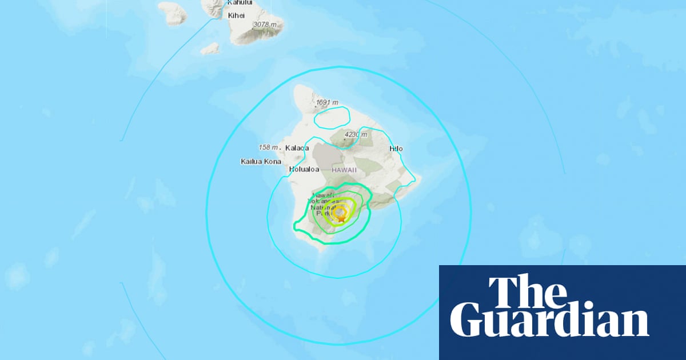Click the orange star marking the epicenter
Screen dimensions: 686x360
click(x=341, y=218)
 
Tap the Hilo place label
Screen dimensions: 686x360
click(x=396, y=149)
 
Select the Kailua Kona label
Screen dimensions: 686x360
click(x=261, y=162)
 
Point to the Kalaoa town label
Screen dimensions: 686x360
click(x=297, y=148)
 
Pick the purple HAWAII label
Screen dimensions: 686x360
click(x=345, y=170)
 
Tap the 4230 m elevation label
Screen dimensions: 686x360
click(x=358, y=135)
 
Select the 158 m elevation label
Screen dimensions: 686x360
click(x=269, y=147)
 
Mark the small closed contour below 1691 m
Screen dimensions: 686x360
click(x=332, y=118)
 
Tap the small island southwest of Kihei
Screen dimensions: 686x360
click(x=210, y=49)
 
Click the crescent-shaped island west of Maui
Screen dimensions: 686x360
click(x=171, y=14)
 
